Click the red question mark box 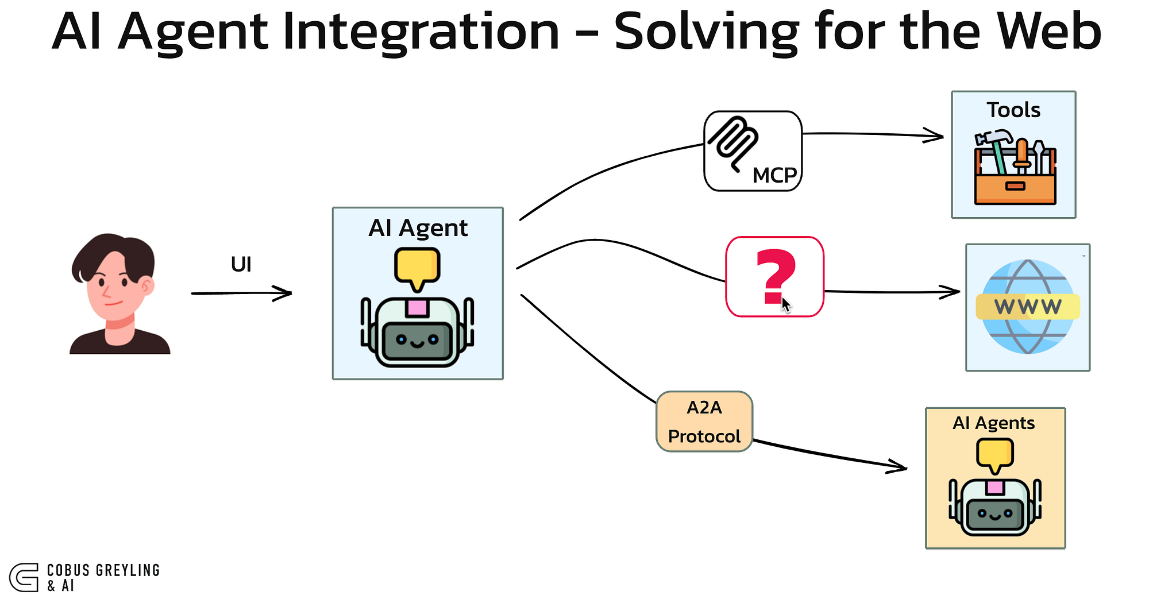pos(774,276)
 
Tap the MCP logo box pos(753,150)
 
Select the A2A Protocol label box pos(704,422)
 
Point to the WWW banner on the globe pos(1028,307)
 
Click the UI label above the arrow pos(241,265)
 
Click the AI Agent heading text pos(418,228)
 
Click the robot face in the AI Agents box pos(995,513)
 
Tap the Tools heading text pos(1013,110)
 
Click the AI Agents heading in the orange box pos(993,423)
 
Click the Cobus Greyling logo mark pos(24,577)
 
